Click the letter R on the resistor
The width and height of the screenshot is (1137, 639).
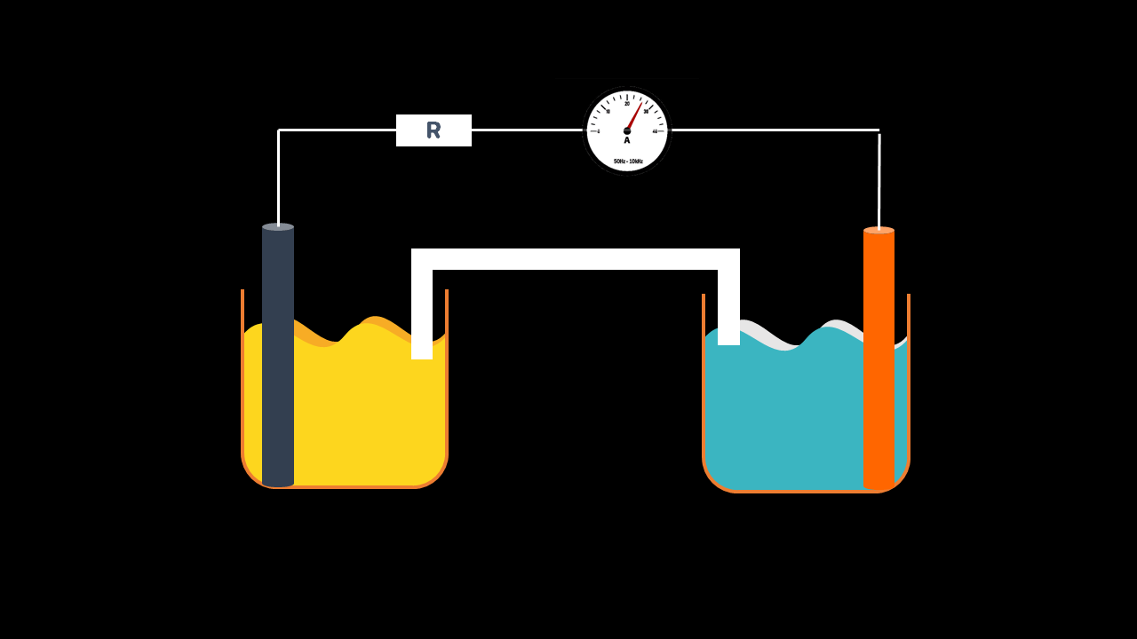coord(433,130)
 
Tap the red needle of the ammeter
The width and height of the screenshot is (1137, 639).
coord(634,116)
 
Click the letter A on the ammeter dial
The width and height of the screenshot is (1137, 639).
coord(627,140)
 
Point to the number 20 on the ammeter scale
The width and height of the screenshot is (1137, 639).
coord(627,104)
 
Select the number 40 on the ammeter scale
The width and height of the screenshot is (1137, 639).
coord(655,131)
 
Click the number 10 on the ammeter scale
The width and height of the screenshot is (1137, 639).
coord(608,112)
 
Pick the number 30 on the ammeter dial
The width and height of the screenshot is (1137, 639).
coord(646,112)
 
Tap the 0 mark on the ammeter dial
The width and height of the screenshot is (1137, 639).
coord(599,131)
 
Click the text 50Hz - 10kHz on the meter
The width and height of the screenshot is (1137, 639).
coord(628,162)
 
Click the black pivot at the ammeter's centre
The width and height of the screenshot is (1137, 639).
coord(627,131)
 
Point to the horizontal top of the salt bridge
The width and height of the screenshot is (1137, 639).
coord(576,259)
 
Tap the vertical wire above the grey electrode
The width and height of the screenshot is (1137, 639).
coord(278,177)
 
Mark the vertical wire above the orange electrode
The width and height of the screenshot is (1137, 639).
coord(879,182)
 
